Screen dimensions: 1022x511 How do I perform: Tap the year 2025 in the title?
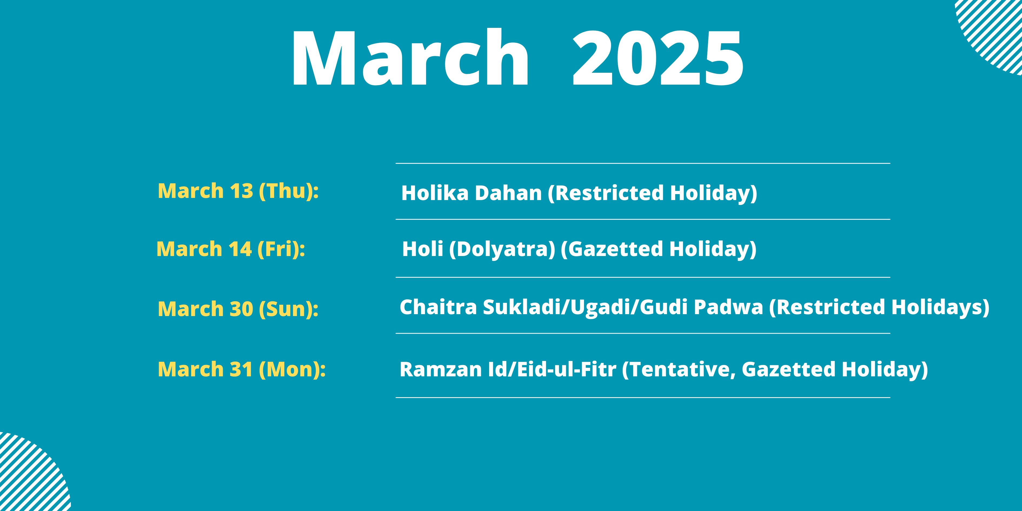click(658, 58)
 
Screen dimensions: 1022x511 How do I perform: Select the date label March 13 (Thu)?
click(238, 191)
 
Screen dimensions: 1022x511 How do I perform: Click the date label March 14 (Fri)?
click(231, 250)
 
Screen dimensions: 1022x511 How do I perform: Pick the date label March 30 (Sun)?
click(238, 309)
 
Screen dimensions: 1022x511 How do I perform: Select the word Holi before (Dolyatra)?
click(423, 249)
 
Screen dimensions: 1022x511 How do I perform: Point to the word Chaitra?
click(438, 307)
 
